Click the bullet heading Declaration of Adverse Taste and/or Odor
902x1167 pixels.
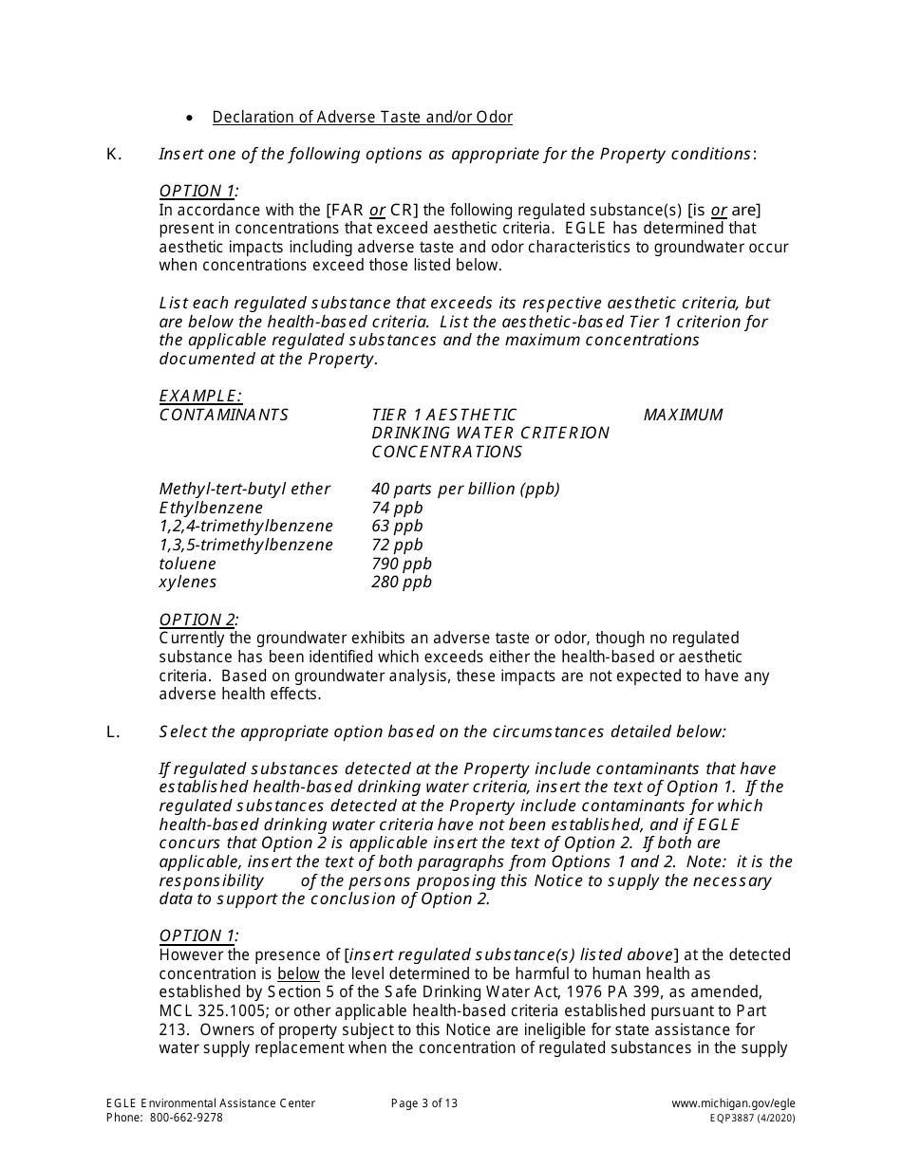362,118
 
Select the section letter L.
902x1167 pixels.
113,732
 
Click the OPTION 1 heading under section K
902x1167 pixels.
197,191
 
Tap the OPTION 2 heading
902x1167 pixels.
197,620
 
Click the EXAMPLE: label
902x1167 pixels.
200,396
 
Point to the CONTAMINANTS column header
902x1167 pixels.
223,415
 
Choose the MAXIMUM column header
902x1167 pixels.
683,415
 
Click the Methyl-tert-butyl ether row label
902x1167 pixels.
245,489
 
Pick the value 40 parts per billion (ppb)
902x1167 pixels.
465,489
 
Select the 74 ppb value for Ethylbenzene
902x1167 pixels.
397,508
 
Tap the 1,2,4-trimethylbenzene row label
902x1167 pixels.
246,526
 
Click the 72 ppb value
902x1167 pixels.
397,545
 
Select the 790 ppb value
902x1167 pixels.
401,564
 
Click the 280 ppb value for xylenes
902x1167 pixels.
401,582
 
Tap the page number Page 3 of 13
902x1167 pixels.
423,1102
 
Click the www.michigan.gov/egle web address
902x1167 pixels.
733,1102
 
